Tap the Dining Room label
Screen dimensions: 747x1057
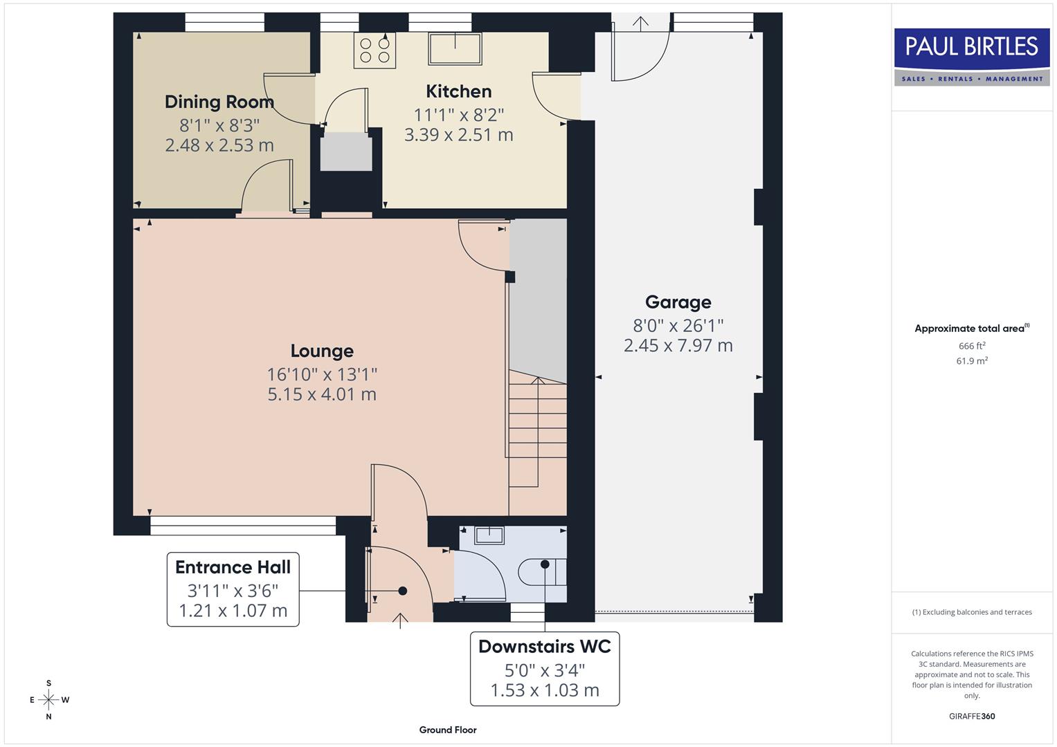point(219,102)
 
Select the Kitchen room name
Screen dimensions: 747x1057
point(458,91)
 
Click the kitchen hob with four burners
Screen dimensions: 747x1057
point(374,50)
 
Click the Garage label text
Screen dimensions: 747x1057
point(678,302)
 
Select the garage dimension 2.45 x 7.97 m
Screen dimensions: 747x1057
point(678,345)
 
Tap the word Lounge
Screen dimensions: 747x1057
point(322,351)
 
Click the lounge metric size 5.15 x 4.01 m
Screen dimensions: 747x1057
point(322,394)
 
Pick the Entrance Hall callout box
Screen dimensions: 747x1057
point(233,589)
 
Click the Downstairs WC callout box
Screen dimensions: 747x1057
point(545,668)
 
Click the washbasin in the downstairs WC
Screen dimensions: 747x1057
point(489,534)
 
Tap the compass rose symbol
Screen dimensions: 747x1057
point(48,700)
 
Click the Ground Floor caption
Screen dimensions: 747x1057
point(448,730)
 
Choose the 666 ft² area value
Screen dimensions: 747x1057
point(972,346)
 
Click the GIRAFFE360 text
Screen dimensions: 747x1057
point(972,716)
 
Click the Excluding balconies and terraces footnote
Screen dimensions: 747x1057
point(972,612)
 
